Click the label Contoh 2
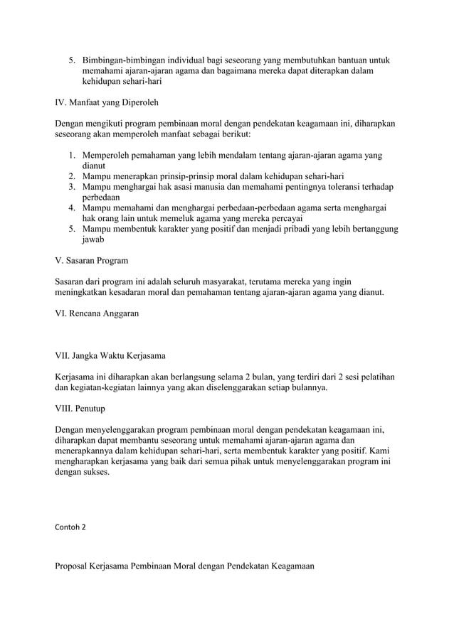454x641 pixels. click(70, 528)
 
